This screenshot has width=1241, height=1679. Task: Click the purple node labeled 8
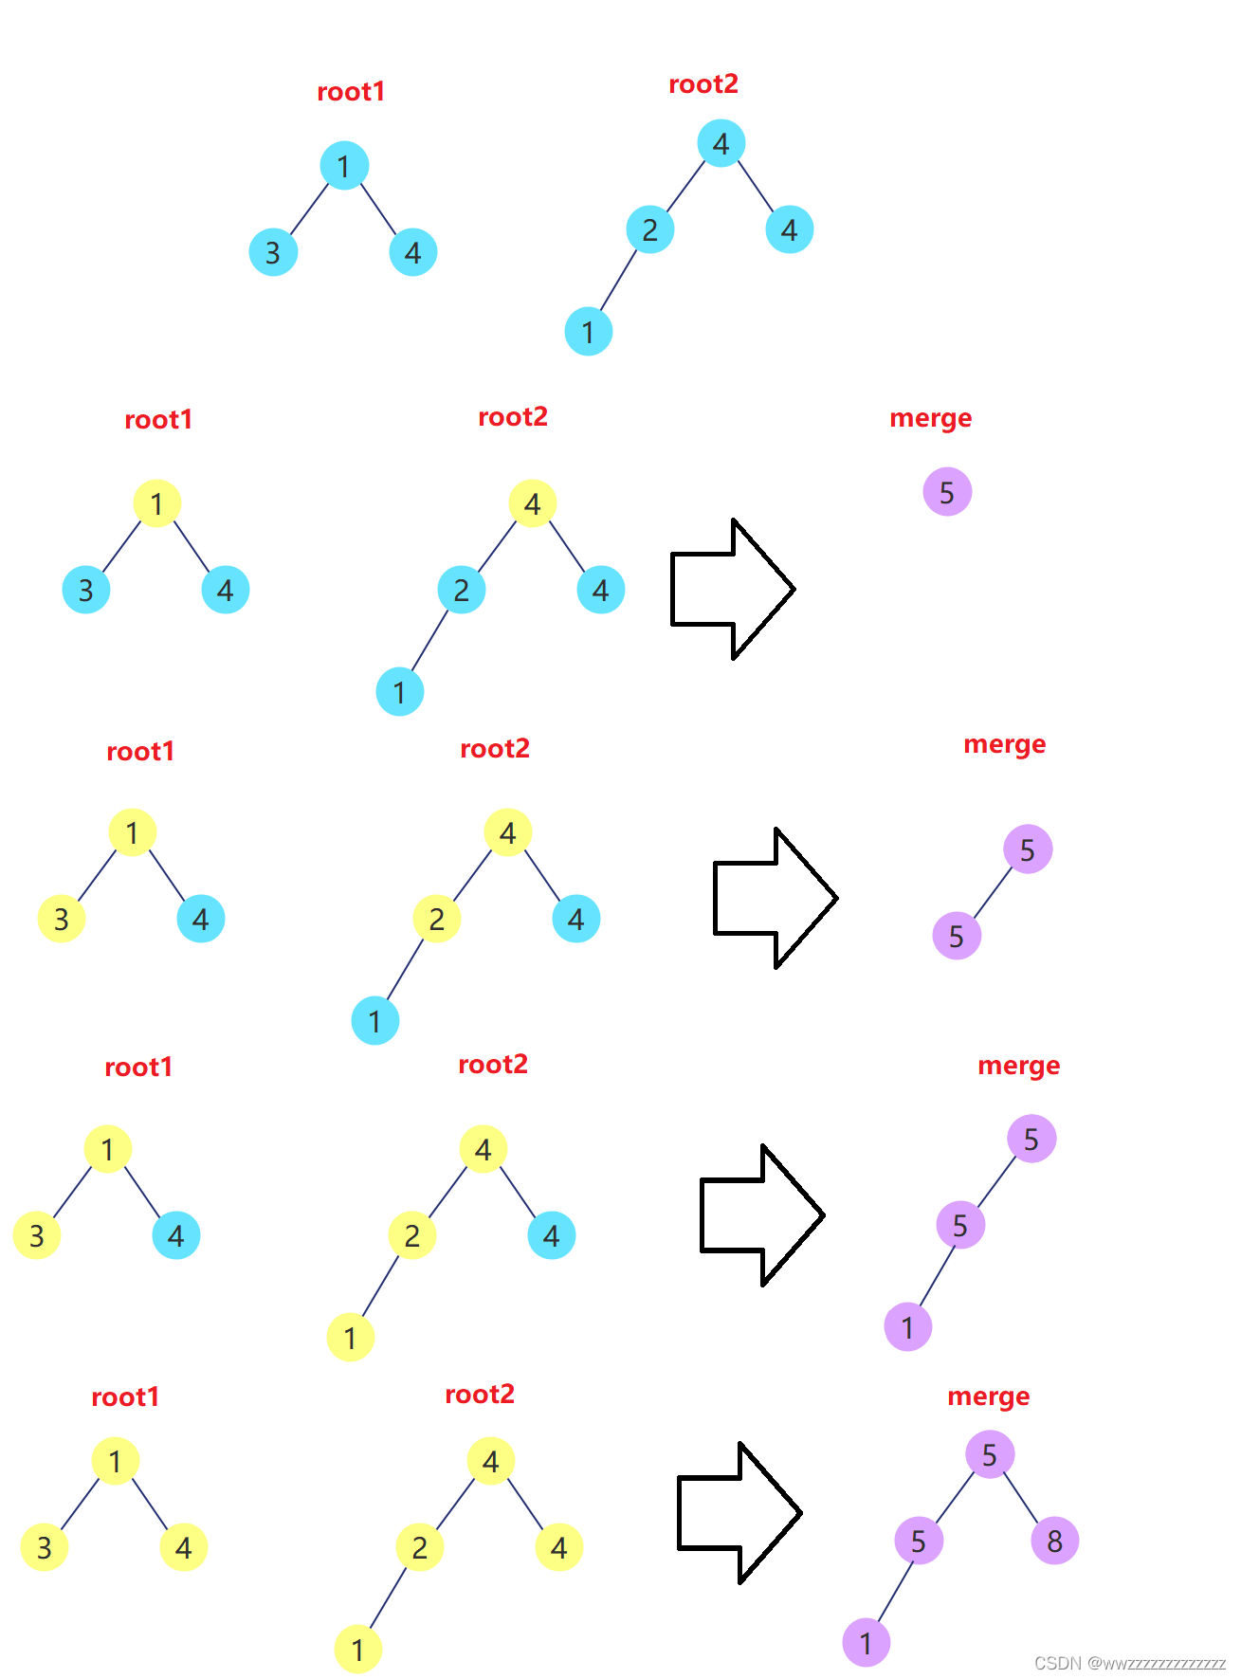[1054, 1541]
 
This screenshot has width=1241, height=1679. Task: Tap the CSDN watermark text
[1129, 1663]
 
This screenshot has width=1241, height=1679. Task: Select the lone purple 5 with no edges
[947, 492]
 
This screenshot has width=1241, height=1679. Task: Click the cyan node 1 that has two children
[344, 166]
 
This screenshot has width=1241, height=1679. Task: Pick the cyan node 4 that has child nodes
[721, 144]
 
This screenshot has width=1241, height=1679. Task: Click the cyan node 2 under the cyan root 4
[650, 229]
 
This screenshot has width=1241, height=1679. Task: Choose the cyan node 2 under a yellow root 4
[462, 590]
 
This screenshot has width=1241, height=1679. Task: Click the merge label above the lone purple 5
[930, 418]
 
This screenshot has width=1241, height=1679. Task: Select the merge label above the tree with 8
[988, 1396]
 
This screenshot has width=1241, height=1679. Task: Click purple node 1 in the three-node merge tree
[908, 1327]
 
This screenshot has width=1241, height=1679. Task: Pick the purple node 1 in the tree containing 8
[867, 1643]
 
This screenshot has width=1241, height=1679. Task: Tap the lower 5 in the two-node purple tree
[957, 937]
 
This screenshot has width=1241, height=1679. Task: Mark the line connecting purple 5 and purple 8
[1021, 1497]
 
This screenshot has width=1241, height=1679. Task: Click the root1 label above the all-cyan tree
[351, 92]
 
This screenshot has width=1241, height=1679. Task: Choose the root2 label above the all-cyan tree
[703, 84]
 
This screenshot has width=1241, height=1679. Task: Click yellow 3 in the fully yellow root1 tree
[45, 1547]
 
